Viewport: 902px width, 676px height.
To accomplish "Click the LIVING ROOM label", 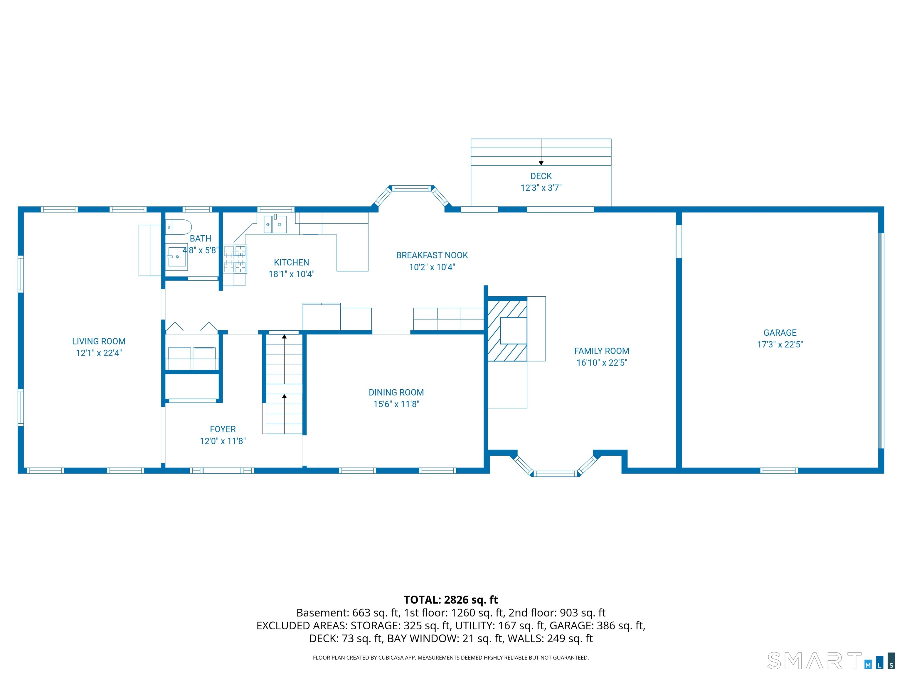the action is pyautogui.click(x=99, y=342).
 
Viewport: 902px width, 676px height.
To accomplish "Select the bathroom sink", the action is pyautogui.click(x=177, y=256).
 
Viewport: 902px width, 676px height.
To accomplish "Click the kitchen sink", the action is pyautogui.click(x=275, y=224).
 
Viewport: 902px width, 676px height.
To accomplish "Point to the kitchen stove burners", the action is pyautogui.click(x=235, y=259).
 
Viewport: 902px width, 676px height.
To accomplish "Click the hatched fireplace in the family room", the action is pyautogui.click(x=507, y=330).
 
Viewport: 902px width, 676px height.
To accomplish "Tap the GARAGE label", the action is pyautogui.click(x=780, y=333).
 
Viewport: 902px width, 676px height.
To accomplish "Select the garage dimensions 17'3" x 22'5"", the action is pyautogui.click(x=780, y=345).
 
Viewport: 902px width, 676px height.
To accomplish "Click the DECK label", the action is pyautogui.click(x=541, y=176).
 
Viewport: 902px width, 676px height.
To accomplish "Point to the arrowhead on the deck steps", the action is pyautogui.click(x=541, y=163).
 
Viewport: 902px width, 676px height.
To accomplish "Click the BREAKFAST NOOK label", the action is pyautogui.click(x=432, y=256).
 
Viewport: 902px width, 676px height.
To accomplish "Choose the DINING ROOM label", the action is pyautogui.click(x=396, y=392).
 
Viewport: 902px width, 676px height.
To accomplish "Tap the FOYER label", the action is pyautogui.click(x=223, y=429).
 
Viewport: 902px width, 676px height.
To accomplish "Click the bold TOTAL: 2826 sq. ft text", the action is pyautogui.click(x=451, y=600).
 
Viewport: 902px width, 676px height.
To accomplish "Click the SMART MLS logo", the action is pyautogui.click(x=831, y=660).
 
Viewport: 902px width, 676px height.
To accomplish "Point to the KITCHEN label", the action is pyautogui.click(x=291, y=262).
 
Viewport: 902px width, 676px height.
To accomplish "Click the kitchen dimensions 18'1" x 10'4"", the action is pyautogui.click(x=291, y=274).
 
